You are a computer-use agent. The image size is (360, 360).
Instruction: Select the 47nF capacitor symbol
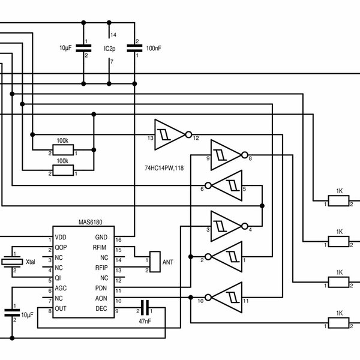coord(144,305)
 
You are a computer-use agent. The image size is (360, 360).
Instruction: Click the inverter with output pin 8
coord(226,154)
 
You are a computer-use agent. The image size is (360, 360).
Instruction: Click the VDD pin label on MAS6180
coord(61,238)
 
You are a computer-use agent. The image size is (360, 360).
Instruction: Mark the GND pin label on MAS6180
coord(101,238)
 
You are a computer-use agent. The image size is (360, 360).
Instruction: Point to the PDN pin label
coord(101,288)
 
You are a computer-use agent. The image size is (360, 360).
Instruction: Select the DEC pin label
coord(101,308)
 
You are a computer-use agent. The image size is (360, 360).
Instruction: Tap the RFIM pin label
coord(100,247)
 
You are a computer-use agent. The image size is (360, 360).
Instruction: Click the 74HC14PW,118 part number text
coord(164,167)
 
